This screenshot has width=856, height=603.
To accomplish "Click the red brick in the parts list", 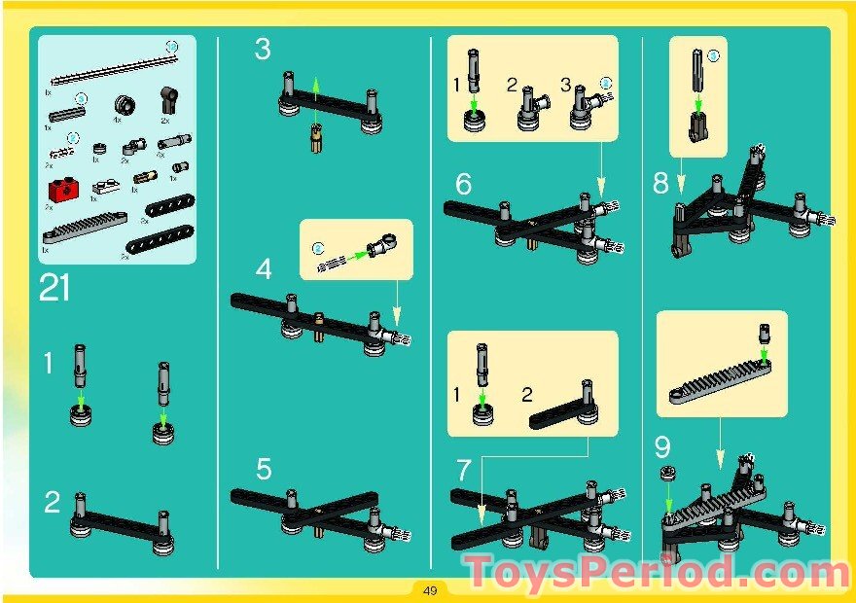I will [x=62, y=187].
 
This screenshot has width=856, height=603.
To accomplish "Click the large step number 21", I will [x=56, y=288].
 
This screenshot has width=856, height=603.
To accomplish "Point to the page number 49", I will [x=428, y=589].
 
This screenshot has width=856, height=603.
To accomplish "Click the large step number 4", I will [x=264, y=268].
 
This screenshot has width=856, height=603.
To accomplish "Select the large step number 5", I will [x=264, y=470].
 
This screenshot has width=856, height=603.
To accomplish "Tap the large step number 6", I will [x=463, y=183].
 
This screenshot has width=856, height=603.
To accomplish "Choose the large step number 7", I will [x=464, y=470].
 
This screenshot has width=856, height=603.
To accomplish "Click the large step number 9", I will [x=662, y=447].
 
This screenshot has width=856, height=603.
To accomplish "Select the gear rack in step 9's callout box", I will [x=715, y=374].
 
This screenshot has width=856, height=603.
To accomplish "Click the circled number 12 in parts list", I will [x=173, y=46].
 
